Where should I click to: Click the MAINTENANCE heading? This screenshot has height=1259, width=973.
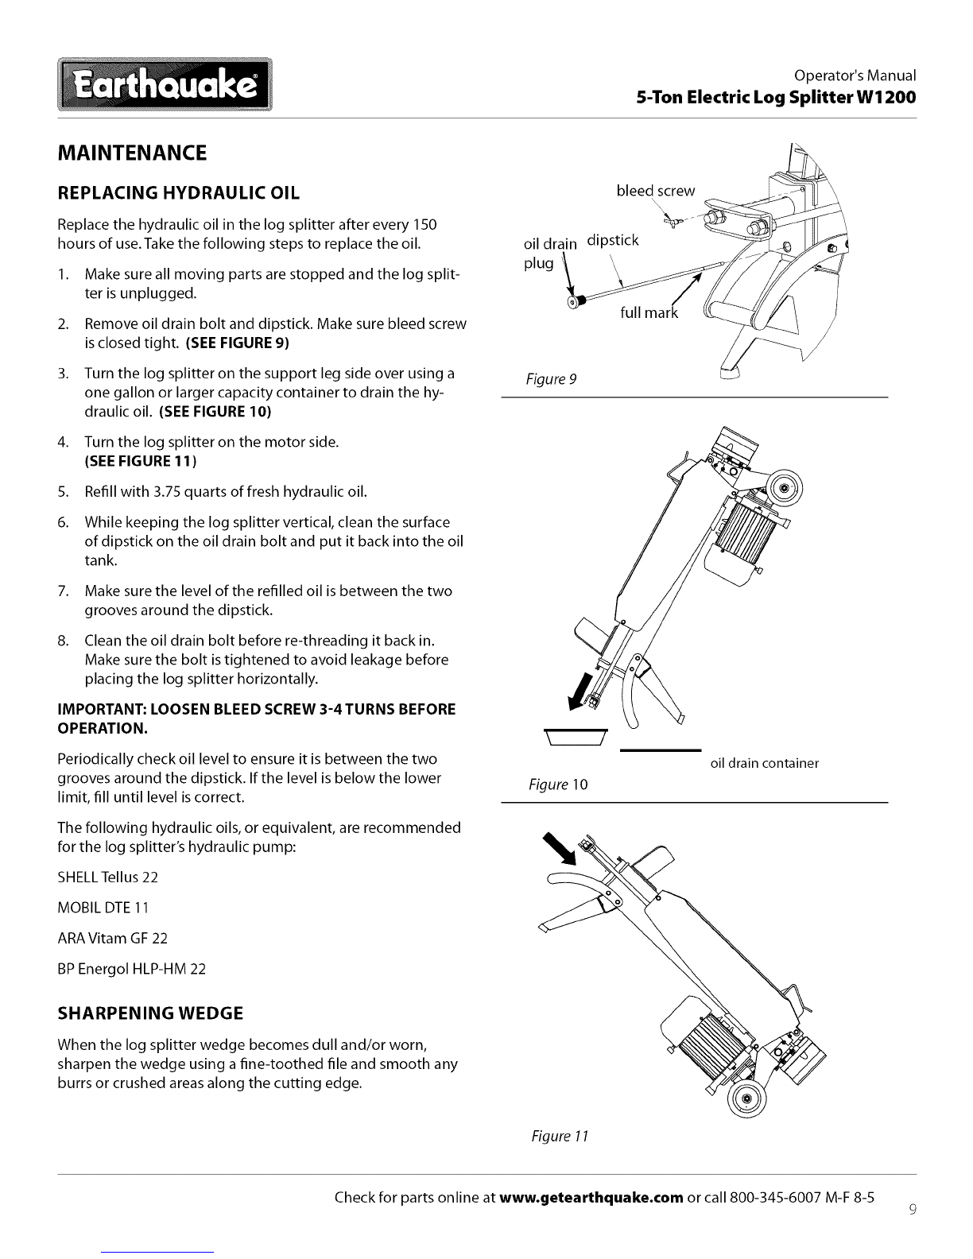[x=133, y=153]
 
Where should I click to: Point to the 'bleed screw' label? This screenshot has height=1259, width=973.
[x=655, y=191]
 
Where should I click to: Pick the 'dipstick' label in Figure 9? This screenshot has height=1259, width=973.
[x=612, y=240]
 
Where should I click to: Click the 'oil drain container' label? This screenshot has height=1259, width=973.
[x=763, y=764]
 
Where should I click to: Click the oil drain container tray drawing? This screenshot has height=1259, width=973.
[x=575, y=735]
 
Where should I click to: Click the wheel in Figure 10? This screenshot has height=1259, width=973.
[x=785, y=489]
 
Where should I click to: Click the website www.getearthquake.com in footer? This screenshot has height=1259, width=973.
[x=592, y=1198]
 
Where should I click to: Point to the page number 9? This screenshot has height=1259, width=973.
[x=913, y=1211]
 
